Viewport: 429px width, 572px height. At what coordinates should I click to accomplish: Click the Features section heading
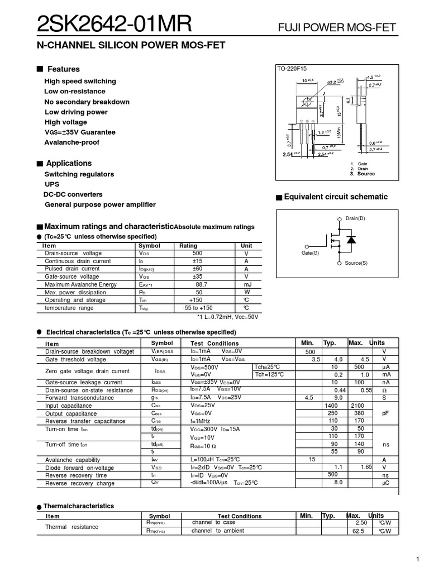click(x=63, y=69)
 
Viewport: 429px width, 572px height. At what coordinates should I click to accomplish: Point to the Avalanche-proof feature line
click(x=71, y=142)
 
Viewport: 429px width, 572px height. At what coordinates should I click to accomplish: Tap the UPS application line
click(x=52, y=184)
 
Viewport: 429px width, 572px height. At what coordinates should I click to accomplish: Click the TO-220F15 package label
click(x=292, y=69)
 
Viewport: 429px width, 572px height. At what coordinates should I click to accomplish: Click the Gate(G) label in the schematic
click(x=310, y=253)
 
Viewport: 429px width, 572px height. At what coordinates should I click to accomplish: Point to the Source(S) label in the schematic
click(x=356, y=263)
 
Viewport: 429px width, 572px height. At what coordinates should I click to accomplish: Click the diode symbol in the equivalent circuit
click(x=351, y=240)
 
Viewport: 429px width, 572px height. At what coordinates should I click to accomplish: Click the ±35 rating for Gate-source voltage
click(x=197, y=277)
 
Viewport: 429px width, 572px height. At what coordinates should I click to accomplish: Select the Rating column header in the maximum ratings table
click(x=188, y=246)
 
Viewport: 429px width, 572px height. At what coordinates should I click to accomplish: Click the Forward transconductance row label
click(x=80, y=398)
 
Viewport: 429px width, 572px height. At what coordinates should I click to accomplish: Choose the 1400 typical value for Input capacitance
click(x=332, y=406)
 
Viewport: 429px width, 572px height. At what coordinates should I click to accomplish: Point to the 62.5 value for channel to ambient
click(x=358, y=531)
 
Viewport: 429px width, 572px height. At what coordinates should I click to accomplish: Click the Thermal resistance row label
click(x=71, y=527)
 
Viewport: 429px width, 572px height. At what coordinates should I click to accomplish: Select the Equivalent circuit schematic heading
click(x=336, y=197)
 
